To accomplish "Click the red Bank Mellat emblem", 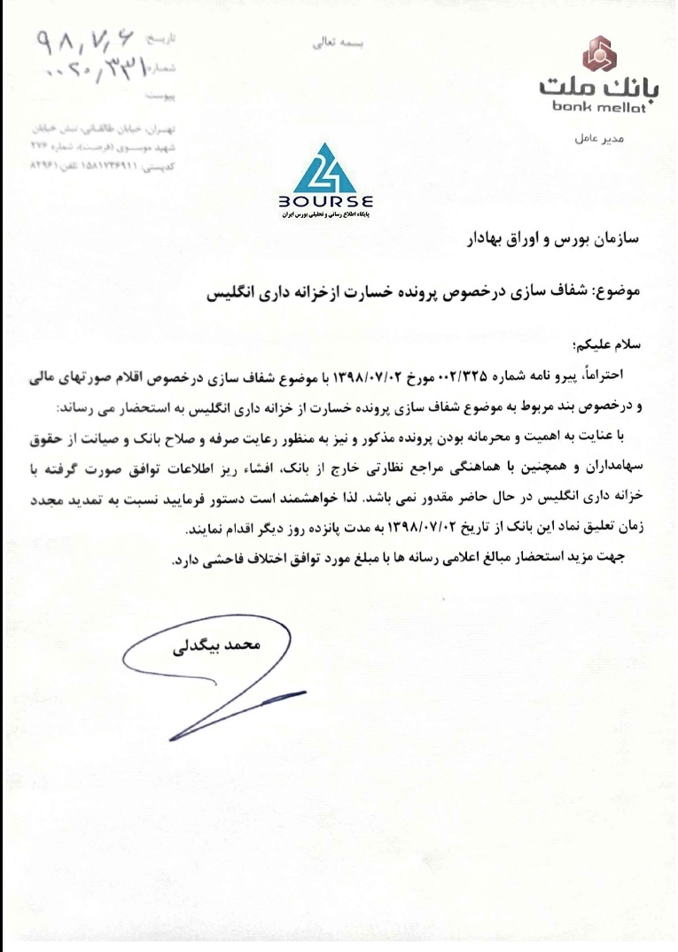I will click(600, 58).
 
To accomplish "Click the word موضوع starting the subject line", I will click(632, 290).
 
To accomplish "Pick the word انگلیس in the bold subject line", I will click(232, 290).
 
